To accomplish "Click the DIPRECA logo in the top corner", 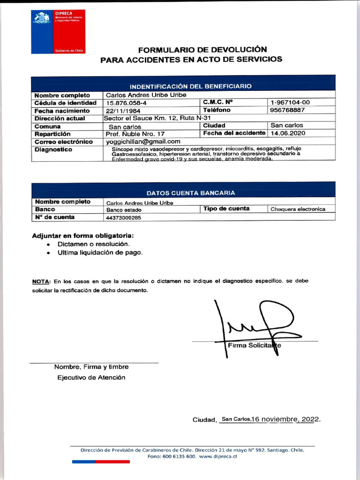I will click(58, 32).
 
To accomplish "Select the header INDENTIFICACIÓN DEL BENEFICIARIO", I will click(190, 86).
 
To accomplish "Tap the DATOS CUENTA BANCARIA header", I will click(191, 193).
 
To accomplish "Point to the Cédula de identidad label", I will click(65, 103).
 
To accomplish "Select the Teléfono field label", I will click(217, 110).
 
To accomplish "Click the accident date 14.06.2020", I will click(288, 133).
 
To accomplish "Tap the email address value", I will click(143, 142).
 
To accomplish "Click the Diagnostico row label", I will click(53, 150).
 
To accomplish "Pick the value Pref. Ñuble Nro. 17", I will click(135, 134).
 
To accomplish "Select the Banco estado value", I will click(120, 210).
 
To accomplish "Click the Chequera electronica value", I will click(298, 209).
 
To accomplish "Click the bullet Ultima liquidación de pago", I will click(100, 253).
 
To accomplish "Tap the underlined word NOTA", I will click(41, 281).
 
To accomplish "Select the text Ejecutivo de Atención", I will click(91, 378).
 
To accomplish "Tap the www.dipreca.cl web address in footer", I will click(218, 457).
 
